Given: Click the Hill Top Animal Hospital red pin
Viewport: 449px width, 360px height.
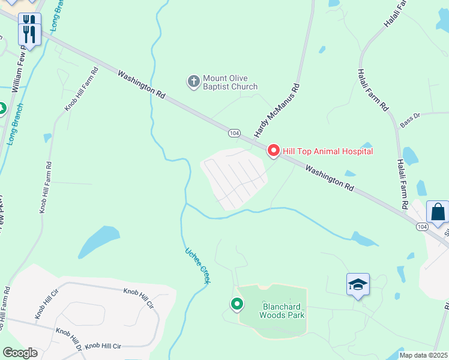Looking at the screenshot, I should (x=273, y=150).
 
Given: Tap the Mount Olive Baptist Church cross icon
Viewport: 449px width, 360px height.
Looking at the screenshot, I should (x=193, y=82).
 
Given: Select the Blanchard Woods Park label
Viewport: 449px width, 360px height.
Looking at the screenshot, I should (x=282, y=311).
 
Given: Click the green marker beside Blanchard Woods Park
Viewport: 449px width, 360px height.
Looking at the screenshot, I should (x=237, y=305).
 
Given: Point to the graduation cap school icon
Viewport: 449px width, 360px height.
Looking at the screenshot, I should (x=358, y=285).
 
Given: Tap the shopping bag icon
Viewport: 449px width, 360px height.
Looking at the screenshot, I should (x=438, y=212).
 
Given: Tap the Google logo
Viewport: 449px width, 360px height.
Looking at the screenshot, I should (x=19, y=353).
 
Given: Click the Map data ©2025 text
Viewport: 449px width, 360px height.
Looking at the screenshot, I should (x=423, y=355).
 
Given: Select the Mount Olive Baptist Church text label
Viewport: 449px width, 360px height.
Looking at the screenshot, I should (x=230, y=82).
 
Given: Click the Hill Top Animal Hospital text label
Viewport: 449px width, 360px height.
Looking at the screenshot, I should (x=327, y=151).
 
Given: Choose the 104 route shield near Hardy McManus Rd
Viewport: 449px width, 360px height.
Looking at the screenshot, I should (x=235, y=133).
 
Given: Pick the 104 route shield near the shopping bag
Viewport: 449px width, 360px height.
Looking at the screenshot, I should (x=422, y=226).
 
